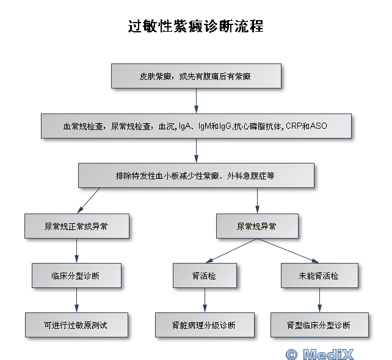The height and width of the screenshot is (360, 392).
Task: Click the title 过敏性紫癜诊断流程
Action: click(x=195, y=27)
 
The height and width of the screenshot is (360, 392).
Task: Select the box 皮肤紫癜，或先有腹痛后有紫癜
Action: click(x=196, y=77)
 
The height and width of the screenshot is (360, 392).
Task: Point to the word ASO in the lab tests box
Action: click(x=319, y=127)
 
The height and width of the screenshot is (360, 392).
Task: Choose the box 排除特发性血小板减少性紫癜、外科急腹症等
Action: click(x=196, y=176)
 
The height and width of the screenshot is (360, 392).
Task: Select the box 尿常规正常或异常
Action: click(x=77, y=226)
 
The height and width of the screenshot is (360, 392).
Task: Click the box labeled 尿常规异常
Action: click(x=257, y=226)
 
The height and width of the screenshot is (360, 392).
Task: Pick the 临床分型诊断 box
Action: click(x=77, y=276)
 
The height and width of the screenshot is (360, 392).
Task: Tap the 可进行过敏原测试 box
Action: click(x=77, y=325)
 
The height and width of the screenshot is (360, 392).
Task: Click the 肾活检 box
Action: click(x=204, y=276)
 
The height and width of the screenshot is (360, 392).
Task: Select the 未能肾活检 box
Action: click(x=319, y=276)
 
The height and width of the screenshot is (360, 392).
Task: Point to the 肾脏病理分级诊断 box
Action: click(x=204, y=325)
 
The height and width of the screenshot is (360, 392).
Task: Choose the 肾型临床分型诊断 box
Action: click(x=319, y=325)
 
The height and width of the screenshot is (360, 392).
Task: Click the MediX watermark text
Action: click(x=328, y=353)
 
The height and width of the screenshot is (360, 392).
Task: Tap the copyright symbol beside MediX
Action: click(x=291, y=353)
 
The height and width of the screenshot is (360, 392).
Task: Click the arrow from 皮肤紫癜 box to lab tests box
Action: click(x=196, y=101)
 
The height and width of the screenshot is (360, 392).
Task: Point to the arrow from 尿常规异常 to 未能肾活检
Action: click(x=288, y=251)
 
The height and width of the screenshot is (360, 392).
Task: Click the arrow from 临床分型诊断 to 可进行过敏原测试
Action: click(x=77, y=300)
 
